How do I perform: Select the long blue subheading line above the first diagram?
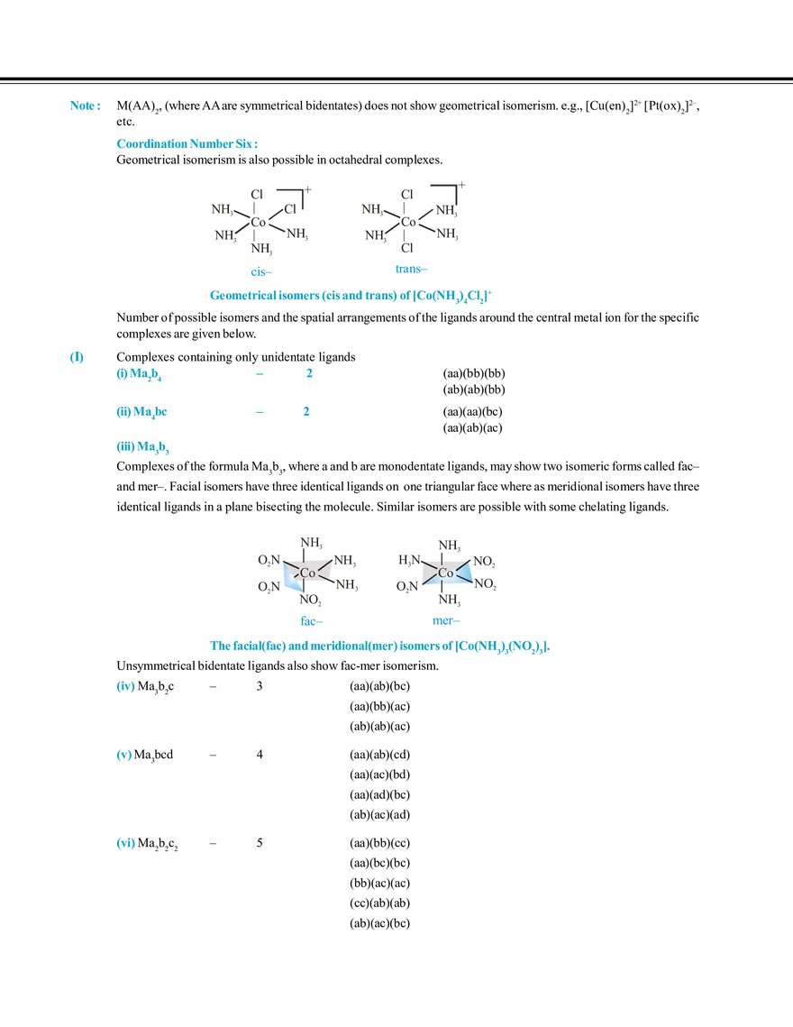click(184, 144)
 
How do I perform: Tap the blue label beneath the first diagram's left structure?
click(260, 270)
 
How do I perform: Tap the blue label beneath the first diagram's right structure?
click(411, 269)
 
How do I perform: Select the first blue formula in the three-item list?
click(140, 373)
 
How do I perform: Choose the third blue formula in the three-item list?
click(143, 446)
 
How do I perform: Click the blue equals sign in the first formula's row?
click(260, 373)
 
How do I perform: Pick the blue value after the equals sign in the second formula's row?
click(306, 411)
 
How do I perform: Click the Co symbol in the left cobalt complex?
click(308, 573)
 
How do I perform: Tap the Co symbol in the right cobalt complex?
click(446, 573)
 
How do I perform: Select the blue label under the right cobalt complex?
click(445, 621)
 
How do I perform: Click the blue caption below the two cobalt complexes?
click(379, 646)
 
